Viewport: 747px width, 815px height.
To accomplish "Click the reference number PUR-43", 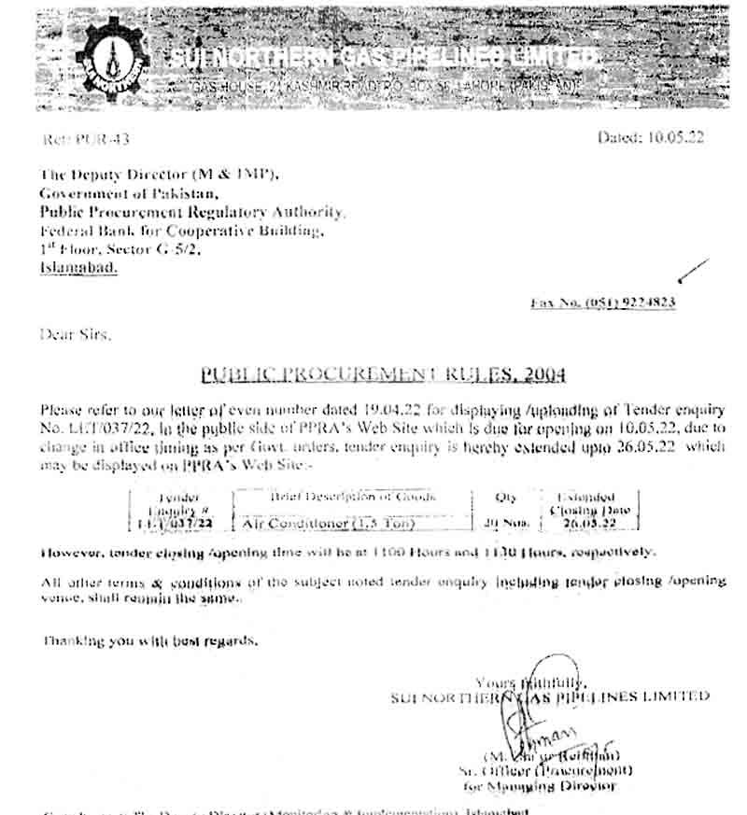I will tap(86, 139).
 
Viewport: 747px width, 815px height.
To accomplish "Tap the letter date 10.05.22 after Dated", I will tap(676, 137).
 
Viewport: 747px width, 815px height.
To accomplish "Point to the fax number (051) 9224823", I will tap(603, 303).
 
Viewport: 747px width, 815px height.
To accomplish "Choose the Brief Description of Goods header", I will tap(353, 498).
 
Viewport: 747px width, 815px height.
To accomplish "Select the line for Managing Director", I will tap(542, 786).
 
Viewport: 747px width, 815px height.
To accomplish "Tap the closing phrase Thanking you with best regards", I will tap(150, 641).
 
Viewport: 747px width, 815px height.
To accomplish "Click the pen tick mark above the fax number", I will tap(692, 273).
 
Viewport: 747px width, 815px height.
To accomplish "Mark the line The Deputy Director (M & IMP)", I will tap(159, 175).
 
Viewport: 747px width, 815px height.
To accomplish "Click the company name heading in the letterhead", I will tap(383, 58).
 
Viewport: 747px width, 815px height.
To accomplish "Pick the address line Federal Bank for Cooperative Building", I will tap(182, 231).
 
